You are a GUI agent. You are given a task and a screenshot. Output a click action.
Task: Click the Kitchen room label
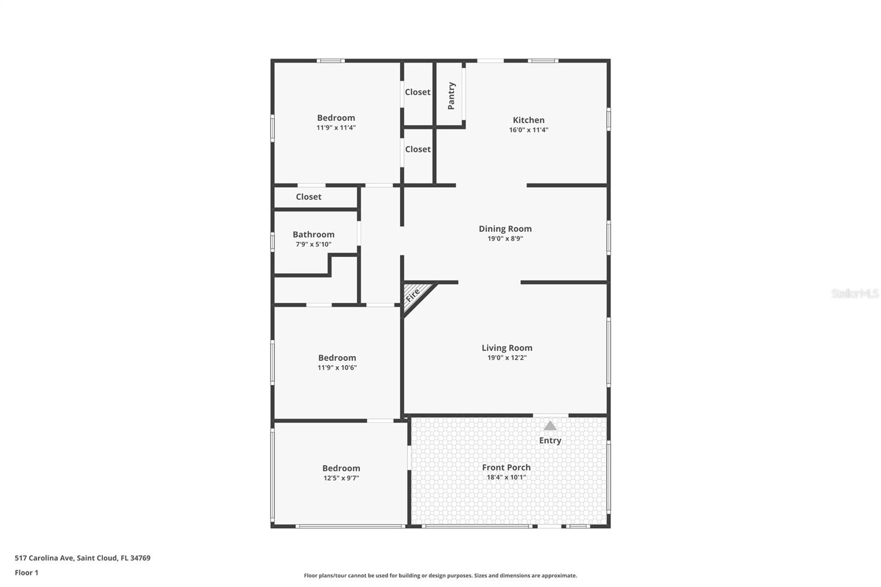click(x=529, y=120)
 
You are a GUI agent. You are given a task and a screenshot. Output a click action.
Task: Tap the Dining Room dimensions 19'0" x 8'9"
click(x=505, y=239)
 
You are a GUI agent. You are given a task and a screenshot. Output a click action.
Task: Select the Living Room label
click(x=507, y=348)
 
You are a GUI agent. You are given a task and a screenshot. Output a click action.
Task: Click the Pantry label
click(x=452, y=96)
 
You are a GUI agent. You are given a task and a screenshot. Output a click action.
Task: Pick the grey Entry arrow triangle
click(x=550, y=426)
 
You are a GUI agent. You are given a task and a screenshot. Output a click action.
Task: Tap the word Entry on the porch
click(x=550, y=441)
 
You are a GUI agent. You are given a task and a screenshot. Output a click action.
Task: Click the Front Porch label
click(x=506, y=468)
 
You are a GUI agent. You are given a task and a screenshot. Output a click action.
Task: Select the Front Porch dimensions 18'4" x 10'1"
click(x=506, y=477)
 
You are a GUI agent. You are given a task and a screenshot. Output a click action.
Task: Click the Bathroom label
click(x=313, y=235)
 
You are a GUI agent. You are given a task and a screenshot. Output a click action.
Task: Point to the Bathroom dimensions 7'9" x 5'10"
click(x=313, y=244)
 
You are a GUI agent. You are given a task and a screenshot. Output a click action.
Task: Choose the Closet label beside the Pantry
click(x=417, y=92)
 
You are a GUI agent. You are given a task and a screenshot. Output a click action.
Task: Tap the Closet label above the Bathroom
click(x=308, y=197)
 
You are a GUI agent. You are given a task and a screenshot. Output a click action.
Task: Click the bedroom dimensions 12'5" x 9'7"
click(x=341, y=479)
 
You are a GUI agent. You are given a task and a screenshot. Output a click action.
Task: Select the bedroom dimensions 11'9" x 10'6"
click(x=337, y=368)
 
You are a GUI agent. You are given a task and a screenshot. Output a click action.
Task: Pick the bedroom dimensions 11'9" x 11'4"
click(x=336, y=128)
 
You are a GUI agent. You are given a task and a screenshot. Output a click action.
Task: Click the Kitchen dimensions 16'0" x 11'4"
click(x=529, y=130)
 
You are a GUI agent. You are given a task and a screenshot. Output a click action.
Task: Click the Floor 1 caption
click(x=26, y=573)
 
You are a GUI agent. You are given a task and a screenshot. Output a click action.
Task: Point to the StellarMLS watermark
click(x=855, y=293)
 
